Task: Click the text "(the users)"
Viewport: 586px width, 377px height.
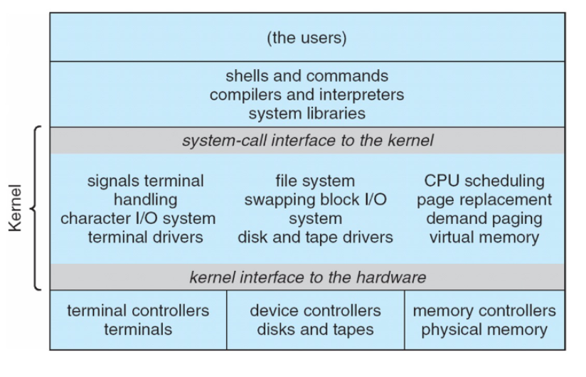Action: (307, 38)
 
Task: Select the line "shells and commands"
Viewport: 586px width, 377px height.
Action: (307, 75)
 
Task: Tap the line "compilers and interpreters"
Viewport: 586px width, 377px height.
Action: (307, 94)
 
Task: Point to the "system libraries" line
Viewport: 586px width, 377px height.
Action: (307, 112)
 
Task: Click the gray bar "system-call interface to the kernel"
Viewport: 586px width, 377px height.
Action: (307, 141)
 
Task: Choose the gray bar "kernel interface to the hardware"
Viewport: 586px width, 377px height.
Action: (307, 277)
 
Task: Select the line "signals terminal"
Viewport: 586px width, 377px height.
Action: (145, 181)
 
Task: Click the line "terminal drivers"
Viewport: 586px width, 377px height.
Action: (145, 237)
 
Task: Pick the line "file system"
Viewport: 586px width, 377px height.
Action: (315, 181)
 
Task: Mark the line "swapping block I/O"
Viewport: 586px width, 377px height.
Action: (315, 200)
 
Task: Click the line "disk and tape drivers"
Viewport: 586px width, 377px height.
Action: (315, 237)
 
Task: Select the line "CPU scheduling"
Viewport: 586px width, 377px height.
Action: (484, 181)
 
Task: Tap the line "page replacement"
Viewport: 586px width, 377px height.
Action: (484, 200)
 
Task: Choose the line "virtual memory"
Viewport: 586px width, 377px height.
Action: (484, 237)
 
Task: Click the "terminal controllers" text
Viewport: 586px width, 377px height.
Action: (138, 311)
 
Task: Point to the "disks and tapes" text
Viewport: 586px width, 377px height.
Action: (315, 329)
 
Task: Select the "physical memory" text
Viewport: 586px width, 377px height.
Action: (484, 329)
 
